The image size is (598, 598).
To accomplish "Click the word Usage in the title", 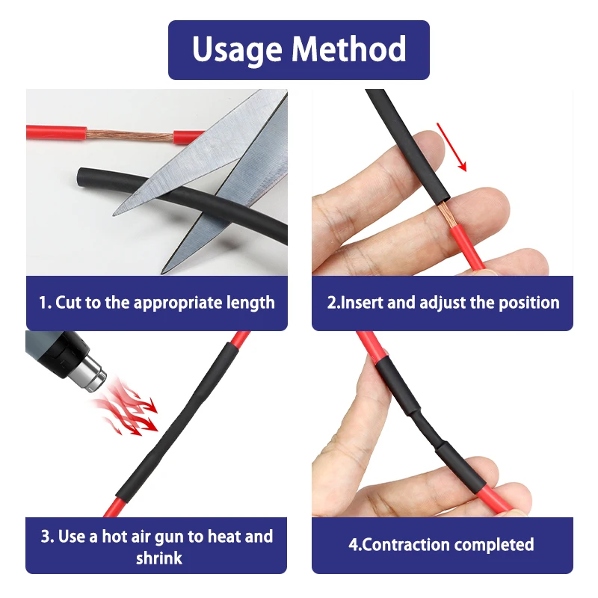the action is (237, 50).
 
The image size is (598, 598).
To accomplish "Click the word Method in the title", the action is (349, 49).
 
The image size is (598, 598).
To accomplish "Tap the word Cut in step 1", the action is (69, 303).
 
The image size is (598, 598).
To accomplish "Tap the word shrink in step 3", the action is (159, 558).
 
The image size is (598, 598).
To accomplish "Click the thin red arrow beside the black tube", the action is (451, 147).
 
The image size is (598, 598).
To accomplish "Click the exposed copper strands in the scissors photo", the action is (130, 136).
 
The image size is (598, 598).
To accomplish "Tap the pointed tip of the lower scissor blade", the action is (161, 272).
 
